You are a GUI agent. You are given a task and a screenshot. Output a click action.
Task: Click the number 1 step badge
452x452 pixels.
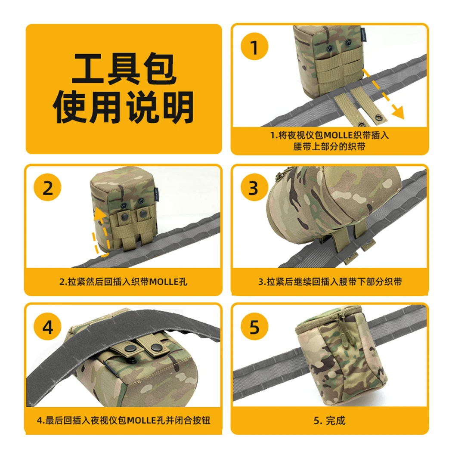[x=254, y=46]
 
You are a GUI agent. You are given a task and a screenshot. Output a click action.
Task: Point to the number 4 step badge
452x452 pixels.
[x=47, y=327]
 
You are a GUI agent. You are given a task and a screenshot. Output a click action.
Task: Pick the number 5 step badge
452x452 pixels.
[x=254, y=327]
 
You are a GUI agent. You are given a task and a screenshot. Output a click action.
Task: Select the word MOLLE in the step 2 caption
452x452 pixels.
[x=164, y=282]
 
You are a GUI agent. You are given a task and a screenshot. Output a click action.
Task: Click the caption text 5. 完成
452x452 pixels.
[x=329, y=421]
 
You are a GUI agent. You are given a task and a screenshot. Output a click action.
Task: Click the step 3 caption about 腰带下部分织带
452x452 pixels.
[x=330, y=282]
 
